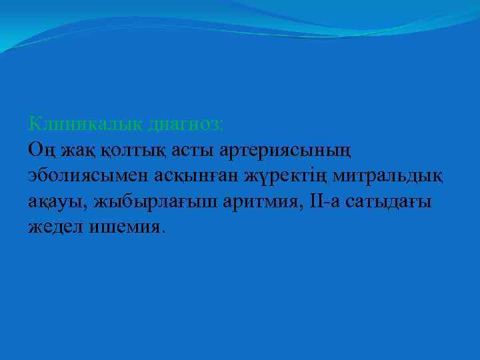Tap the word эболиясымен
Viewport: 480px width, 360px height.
(x=85, y=175)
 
